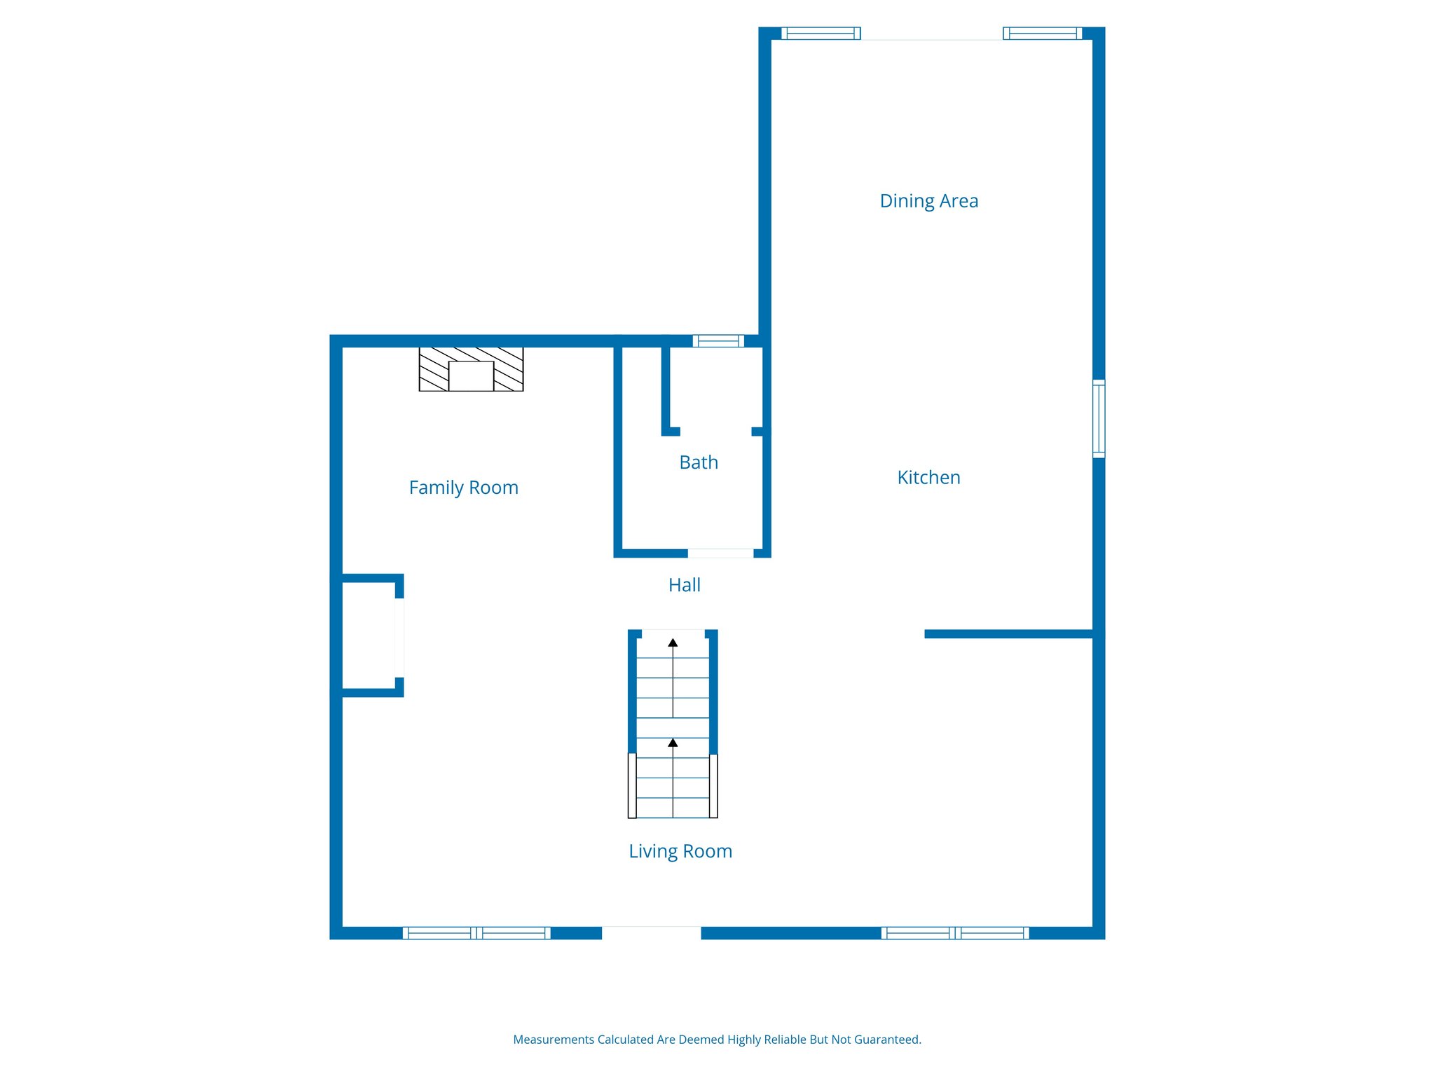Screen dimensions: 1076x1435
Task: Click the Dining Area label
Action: (928, 201)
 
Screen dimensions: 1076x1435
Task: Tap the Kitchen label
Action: (928, 478)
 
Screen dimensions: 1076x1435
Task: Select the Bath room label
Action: (699, 462)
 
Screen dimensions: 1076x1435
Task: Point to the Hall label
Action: (684, 585)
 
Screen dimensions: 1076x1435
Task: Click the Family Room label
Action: (463, 488)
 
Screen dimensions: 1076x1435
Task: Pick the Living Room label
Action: (680, 851)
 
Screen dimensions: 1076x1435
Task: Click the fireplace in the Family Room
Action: (471, 369)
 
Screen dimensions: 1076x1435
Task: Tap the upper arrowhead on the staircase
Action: (673, 642)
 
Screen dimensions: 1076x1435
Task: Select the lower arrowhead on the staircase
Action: (673, 743)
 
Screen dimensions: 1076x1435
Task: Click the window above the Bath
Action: (718, 341)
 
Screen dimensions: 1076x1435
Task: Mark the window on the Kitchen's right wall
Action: (1099, 419)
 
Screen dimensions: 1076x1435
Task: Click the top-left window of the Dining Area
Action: (821, 33)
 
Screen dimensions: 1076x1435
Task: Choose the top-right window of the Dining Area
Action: (1042, 33)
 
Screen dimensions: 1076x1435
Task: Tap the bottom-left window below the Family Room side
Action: (476, 932)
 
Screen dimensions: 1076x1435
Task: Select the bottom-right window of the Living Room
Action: (954, 932)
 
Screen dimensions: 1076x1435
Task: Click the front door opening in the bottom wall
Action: (651, 932)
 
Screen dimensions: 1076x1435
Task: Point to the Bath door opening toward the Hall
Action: (720, 553)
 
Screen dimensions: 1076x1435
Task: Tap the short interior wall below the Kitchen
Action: (1009, 634)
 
